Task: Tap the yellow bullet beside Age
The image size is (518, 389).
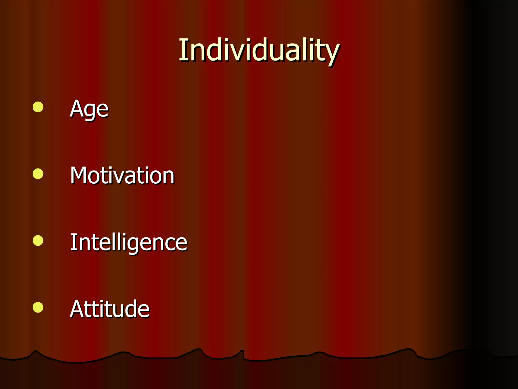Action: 38,107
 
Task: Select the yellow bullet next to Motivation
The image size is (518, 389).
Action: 38,174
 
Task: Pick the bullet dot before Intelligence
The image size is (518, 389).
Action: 38,241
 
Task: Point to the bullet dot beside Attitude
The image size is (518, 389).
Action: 38,307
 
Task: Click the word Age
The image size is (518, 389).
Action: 89,109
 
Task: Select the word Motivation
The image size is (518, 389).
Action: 122,175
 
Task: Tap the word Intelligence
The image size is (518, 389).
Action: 128,242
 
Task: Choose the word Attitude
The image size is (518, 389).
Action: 110,309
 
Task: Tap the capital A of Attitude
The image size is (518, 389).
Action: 77,309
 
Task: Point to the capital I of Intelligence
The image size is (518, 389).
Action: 73,242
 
